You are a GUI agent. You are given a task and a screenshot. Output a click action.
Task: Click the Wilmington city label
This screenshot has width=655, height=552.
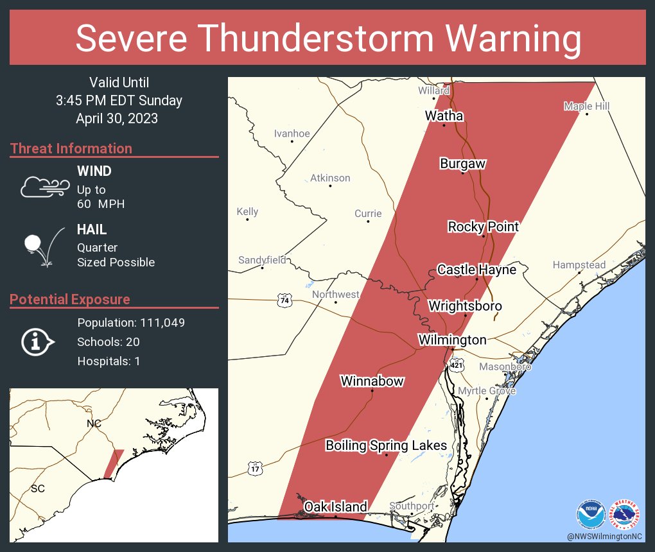pyautogui.click(x=452, y=340)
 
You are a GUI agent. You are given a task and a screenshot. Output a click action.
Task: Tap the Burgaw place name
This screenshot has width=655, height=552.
pyautogui.click(x=462, y=164)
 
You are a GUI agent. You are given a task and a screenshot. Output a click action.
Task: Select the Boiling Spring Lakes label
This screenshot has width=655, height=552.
pyautogui.click(x=386, y=445)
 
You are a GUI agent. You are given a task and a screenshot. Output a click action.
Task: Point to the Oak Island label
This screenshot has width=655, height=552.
pyautogui.click(x=335, y=507)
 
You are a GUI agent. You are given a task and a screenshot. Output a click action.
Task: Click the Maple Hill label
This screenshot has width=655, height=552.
pyautogui.click(x=586, y=106)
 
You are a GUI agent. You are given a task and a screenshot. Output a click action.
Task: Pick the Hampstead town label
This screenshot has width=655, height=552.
pyautogui.click(x=579, y=265)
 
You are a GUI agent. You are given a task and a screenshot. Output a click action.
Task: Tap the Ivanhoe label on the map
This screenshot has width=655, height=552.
pyautogui.click(x=292, y=134)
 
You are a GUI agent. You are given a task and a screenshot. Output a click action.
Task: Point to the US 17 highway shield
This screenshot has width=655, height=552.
pyautogui.click(x=256, y=468)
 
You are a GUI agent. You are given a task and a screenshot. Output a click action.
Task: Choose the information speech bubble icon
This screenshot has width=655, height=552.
pyautogui.click(x=37, y=342)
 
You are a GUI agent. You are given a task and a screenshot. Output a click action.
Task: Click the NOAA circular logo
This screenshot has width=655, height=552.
pyautogui.click(x=591, y=514)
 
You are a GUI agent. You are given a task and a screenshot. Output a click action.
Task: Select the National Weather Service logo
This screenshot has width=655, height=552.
pyautogui.click(x=625, y=514)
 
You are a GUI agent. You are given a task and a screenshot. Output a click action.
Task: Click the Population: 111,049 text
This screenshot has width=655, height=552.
pyautogui.click(x=131, y=323)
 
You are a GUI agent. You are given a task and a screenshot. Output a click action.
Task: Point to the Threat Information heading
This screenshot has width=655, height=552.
pyautogui.click(x=71, y=148)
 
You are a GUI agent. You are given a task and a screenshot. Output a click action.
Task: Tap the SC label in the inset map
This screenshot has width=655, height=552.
pyautogui.click(x=38, y=488)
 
